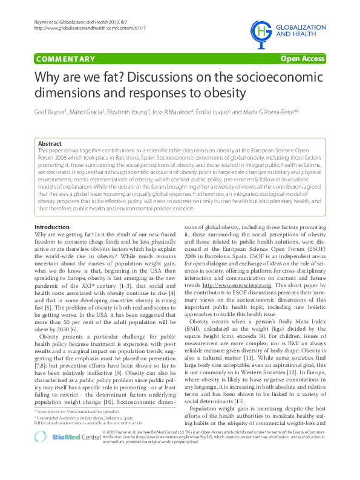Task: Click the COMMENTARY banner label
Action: (65, 59)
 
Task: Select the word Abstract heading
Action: (50, 143)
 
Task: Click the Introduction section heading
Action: (52, 227)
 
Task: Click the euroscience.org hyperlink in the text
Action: (237, 285)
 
